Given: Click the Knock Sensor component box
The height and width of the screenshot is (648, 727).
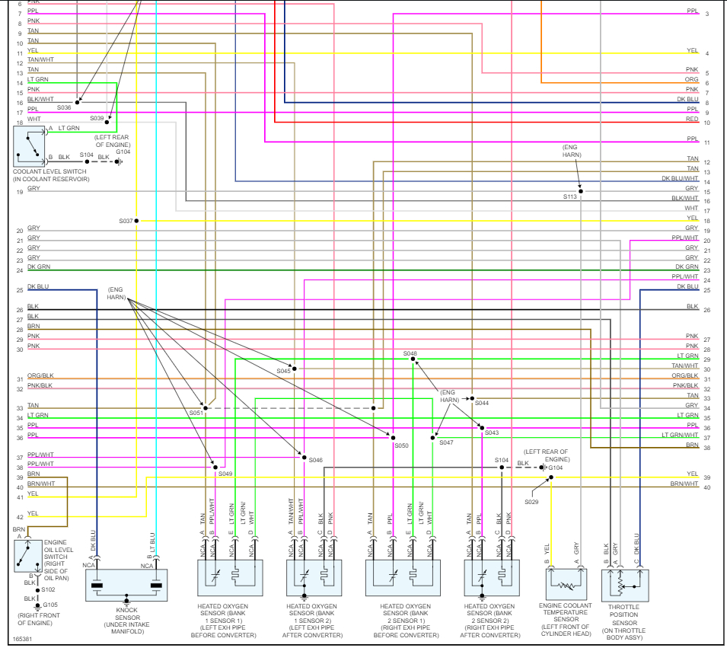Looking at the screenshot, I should tap(126, 586).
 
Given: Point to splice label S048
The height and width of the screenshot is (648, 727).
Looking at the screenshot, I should tap(410, 353).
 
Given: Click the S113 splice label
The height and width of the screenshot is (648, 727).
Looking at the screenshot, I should tap(570, 197).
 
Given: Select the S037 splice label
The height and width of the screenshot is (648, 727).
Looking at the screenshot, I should tap(126, 221).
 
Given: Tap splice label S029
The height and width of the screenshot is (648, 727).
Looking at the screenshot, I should tap(531, 502).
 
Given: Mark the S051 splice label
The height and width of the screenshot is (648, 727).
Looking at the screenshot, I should tap(196, 412).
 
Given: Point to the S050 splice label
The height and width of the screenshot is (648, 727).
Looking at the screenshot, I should tap(401, 445).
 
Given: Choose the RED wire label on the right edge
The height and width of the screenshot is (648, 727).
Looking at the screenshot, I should tap(691, 120).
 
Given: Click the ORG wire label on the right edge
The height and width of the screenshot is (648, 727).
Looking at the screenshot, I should tap(691, 79).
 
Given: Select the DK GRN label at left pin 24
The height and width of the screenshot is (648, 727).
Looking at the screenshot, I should tap(39, 267).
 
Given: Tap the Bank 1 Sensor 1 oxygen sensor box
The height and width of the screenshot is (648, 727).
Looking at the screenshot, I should tap(230, 578).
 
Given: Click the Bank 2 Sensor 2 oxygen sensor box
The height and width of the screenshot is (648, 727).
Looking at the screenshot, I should tap(492, 578).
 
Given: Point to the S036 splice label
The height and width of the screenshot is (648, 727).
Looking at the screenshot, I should tap(64, 107).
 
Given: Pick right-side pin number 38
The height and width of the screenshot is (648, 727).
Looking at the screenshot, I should tap(707, 448).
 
